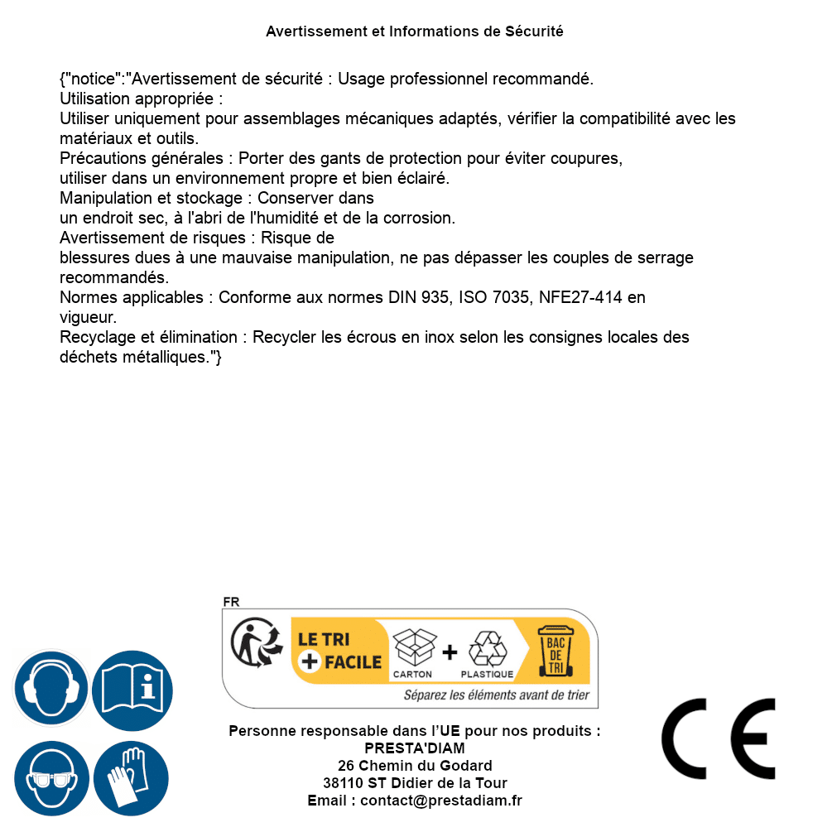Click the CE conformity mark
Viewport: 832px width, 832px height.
718,738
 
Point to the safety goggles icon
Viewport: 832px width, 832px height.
50,779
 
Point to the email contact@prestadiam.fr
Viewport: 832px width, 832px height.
441,801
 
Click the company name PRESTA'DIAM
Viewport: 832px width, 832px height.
415,748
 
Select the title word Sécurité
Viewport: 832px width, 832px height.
534,31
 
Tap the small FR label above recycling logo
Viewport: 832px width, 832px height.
231,603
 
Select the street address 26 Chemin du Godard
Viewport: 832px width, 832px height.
415,766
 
